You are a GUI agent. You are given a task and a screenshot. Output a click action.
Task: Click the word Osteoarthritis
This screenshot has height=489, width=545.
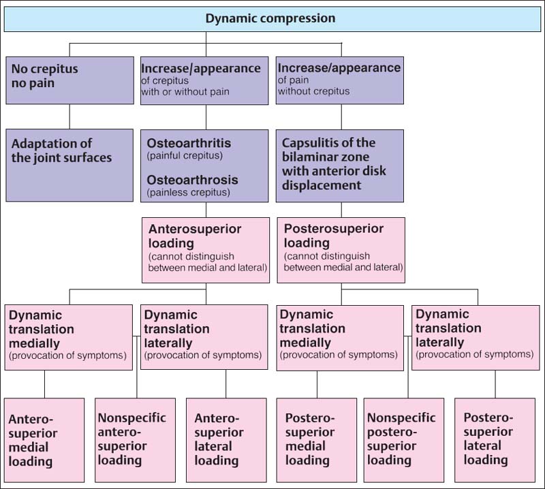(x=189, y=143)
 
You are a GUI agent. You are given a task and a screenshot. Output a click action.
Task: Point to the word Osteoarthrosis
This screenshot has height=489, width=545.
(x=193, y=179)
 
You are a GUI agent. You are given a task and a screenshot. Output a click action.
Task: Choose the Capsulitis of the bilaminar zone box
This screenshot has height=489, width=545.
(x=340, y=165)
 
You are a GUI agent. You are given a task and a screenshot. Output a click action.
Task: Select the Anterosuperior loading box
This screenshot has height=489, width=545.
(x=205, y=250)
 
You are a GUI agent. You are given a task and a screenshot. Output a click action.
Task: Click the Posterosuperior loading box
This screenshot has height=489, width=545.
(x=341, y=250)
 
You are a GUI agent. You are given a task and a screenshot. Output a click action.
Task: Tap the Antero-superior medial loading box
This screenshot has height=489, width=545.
(x=44, y=440)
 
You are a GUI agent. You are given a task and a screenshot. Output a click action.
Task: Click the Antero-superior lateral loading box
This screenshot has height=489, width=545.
(x=226, y=440)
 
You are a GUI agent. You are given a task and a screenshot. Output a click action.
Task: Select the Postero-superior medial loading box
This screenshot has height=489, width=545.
(x=316, y=440)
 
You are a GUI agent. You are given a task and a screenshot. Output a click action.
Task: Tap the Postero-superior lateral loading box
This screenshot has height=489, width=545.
(x=495, y=440)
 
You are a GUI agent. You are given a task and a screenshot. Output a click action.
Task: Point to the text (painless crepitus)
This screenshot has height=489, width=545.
(x=188, y=192)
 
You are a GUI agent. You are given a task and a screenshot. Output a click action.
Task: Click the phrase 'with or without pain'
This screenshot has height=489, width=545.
(x=185, y=91)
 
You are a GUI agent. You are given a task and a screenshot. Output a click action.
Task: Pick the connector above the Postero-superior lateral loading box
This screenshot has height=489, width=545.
(x=495, y=384)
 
